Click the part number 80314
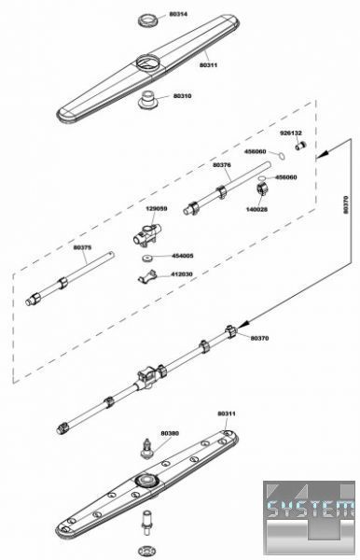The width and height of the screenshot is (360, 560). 178,14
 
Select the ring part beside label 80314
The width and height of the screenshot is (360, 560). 148,20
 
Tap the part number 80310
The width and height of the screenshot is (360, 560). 182,96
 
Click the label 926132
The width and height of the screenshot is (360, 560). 291,133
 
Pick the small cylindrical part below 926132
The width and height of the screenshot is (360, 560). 301,147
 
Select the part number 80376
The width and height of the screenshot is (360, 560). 222,165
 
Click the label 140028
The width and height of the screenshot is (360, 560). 256,209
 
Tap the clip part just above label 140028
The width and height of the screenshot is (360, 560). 263,189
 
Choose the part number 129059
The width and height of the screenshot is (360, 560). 157,208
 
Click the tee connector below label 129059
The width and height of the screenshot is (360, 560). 147,235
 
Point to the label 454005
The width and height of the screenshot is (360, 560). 182,256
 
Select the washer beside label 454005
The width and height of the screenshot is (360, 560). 147,258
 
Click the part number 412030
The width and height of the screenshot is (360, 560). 182,274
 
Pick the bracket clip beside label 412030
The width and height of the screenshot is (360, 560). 147,277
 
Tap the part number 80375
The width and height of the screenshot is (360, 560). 82,247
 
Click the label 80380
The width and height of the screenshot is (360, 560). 170,433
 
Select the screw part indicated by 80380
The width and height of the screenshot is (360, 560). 147,448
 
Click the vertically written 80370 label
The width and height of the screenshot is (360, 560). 345,204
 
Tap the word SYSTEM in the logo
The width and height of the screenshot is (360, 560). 311,510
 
